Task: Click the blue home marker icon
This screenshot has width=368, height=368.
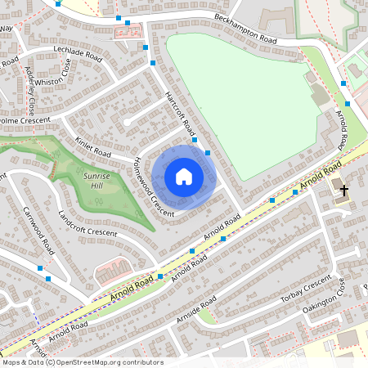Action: point(184,176)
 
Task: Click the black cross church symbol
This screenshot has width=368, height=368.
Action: point(343,191)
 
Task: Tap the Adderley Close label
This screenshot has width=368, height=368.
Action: point(31,90)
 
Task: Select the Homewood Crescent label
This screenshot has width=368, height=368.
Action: point(153,186)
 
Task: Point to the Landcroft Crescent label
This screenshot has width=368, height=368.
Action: point(88,222)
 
